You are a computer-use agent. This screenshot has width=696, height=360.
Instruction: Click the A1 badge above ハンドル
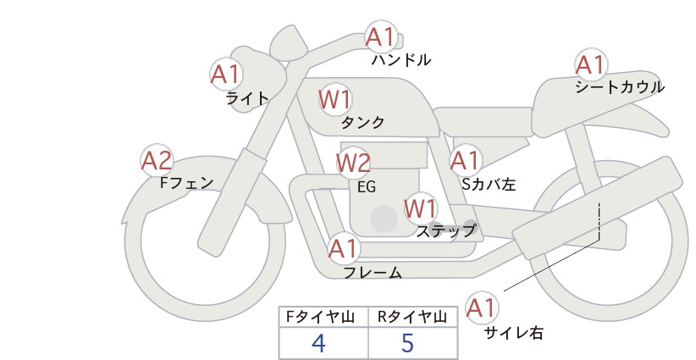[381, 36]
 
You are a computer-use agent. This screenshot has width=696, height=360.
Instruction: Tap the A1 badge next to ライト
[226, 75]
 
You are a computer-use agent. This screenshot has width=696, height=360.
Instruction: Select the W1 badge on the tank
[335, 99]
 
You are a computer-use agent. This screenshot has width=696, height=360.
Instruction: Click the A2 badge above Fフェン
[157, 160]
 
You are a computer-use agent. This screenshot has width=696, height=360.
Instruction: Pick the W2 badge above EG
[353, 163]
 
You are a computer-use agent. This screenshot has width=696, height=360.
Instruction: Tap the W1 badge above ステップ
[421, 208]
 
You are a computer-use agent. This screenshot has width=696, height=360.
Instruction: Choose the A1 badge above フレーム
[344, 248]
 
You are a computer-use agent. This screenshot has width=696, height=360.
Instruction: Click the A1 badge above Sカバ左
[465, 160]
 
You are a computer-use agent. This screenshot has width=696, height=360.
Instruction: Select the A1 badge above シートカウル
[591, 65]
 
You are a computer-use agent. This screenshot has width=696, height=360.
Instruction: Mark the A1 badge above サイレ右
[481, 307]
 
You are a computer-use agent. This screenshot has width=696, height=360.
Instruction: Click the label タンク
[362, 123]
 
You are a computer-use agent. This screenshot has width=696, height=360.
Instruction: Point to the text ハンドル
[401, 59]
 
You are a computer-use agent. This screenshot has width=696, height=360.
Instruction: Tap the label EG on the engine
[367, 187]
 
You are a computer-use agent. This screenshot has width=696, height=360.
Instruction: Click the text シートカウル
[620, 87]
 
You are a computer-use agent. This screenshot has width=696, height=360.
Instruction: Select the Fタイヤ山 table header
[320, 317]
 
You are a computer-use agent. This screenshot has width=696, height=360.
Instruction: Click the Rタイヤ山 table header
[412, 317]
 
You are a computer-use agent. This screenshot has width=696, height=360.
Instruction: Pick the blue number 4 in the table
[318, 343]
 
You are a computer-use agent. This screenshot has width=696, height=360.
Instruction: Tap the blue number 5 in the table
[407, 343]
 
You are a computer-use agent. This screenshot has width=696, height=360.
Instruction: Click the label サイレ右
[514, 333]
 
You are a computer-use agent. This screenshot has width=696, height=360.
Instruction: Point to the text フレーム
[373, 273]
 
